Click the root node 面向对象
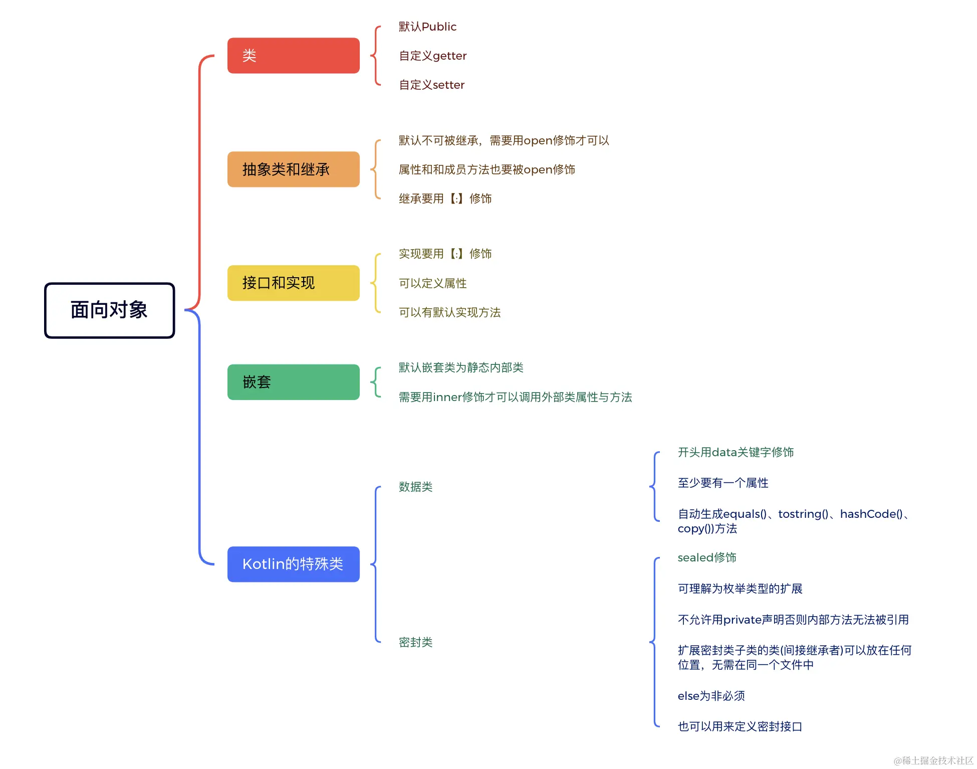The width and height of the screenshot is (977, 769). coord(109,310)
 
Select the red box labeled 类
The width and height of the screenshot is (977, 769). coord(293,56)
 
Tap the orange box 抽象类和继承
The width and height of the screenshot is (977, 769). coord(293,169)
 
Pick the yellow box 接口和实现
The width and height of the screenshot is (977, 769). coord(293,283)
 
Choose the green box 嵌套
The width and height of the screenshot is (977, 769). coord(293,382)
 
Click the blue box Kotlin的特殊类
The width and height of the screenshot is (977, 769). coord(293,564)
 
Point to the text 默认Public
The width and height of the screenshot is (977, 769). coord(427,27)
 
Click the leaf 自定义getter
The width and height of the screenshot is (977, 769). coord(432,56)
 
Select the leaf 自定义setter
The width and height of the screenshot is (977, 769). coord(431,85)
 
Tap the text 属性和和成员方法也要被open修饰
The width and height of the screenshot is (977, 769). coord(486,169)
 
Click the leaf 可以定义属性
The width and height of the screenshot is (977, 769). coord(432,283)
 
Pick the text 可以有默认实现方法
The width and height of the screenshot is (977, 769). coord(449,312)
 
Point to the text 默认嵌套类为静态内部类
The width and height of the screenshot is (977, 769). coord(461,367)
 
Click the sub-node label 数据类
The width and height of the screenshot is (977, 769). coord(415,487)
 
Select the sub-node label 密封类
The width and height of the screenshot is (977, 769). coord(415,642)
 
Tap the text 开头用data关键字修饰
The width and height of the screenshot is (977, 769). coord(736,452)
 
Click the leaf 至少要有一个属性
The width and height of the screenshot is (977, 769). coord(723,483)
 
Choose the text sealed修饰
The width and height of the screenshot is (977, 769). coord(706,557)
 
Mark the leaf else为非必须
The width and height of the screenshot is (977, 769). coord(711,696)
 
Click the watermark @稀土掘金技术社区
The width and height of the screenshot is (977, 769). coord(933,760)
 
